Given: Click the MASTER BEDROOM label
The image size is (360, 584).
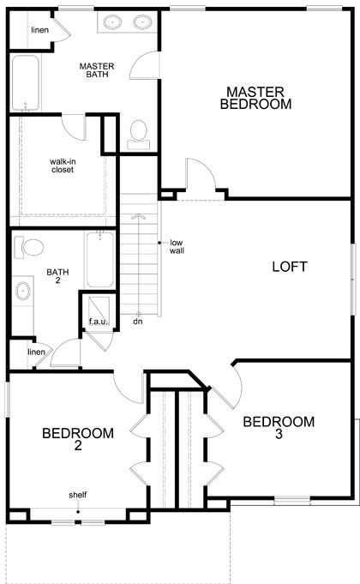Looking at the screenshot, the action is pos(255,98).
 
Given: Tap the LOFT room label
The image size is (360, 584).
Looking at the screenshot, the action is pos(290,267).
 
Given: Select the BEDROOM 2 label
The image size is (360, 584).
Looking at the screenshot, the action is pos(78,439).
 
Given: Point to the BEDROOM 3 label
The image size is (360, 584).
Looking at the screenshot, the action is pos(279,428).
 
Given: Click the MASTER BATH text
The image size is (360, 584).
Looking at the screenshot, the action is pos(97,70).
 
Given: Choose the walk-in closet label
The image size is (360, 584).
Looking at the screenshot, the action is pos(63,166).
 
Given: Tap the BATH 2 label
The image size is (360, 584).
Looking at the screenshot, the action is pos(57,276).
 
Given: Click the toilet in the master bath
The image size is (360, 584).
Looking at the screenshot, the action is pos(139,135).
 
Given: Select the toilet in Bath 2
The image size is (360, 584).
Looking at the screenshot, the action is pos(28,249).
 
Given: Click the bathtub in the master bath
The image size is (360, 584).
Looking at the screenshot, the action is pos(26,83).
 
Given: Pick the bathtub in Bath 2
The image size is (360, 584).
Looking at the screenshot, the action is pos(100,259).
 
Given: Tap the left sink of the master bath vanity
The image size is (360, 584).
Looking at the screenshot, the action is pos(112,22).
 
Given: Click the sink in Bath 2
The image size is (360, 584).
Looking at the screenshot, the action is pos(23,291).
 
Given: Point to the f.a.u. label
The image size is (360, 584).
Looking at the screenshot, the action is pos(99,321).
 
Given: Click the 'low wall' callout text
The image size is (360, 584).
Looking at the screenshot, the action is pos(177,247).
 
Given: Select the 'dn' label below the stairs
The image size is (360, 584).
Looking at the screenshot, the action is pos(138,321).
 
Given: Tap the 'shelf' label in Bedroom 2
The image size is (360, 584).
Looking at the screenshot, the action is pos(78,495).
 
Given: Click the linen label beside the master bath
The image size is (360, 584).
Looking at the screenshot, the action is pos(39,30).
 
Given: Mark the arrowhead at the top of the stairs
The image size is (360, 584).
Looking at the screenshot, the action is pos(138,215).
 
